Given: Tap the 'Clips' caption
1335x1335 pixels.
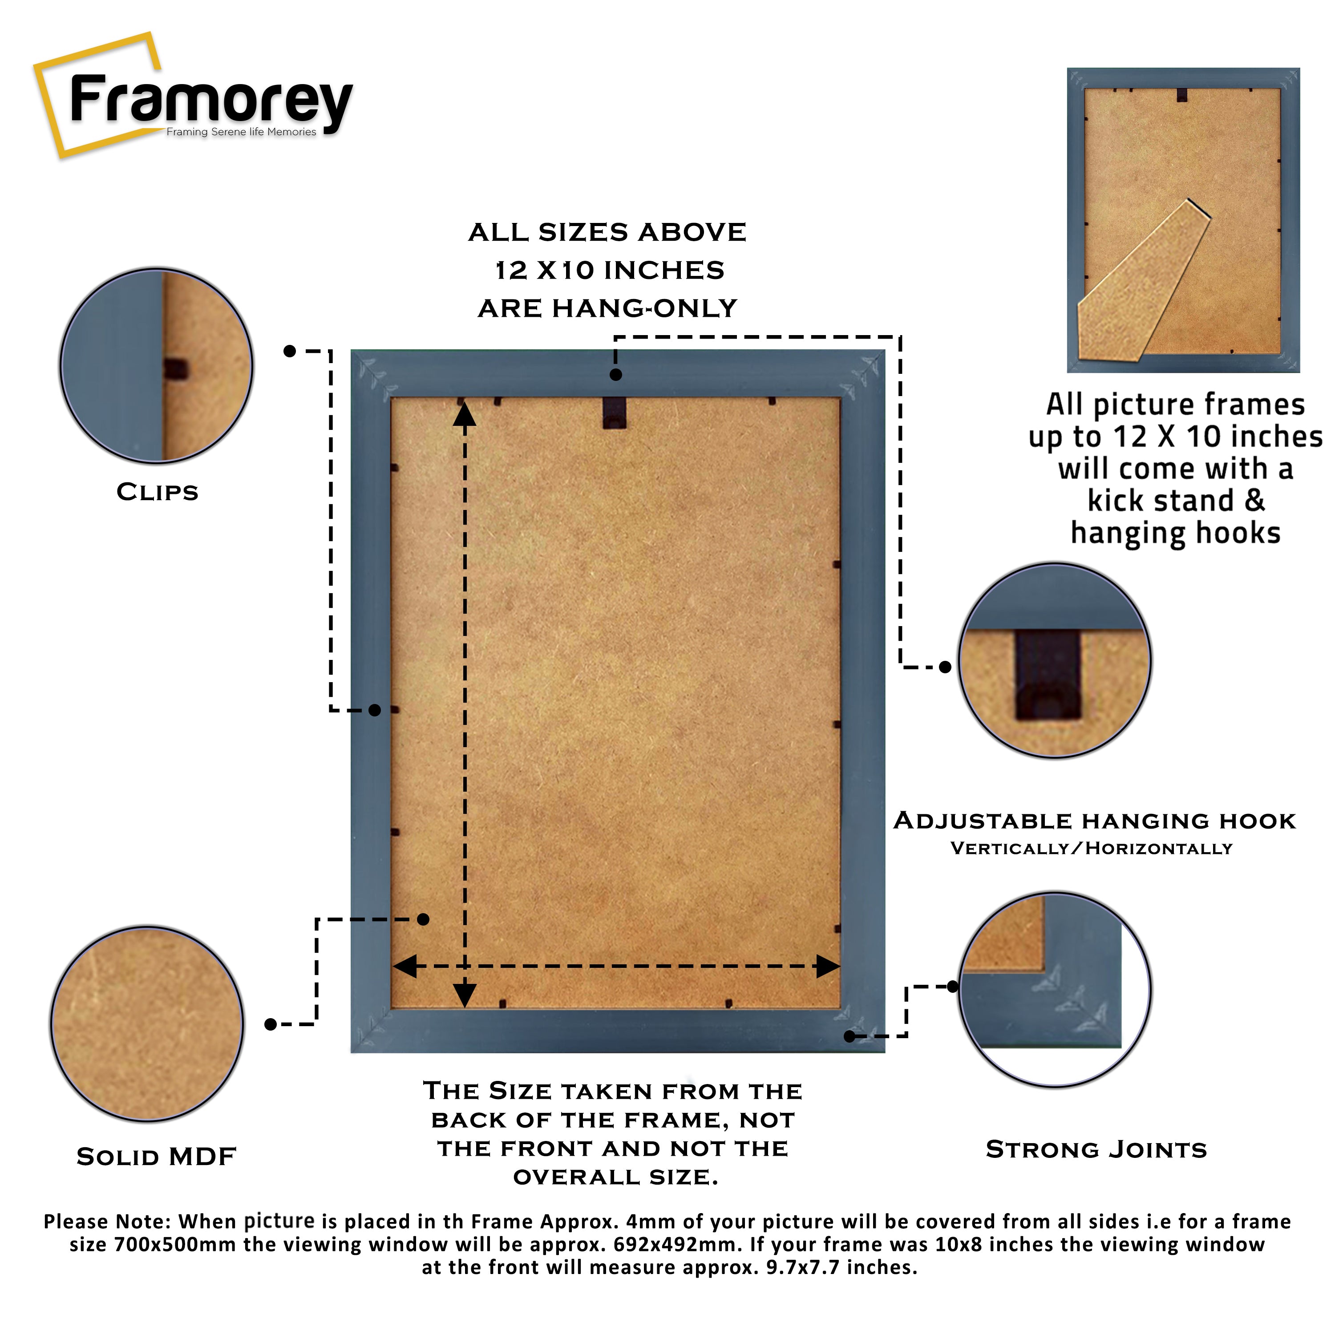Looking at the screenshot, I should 158,493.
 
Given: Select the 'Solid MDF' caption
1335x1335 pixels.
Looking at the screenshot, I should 156,1157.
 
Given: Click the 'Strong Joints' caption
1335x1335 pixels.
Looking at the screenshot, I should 1096,1150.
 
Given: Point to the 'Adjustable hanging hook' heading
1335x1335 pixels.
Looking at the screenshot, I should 1095,821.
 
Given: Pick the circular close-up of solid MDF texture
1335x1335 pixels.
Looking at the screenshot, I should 147,1023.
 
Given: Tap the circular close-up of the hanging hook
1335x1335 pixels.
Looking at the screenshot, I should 1055,660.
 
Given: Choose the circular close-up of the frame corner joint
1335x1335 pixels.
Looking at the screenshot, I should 1055,990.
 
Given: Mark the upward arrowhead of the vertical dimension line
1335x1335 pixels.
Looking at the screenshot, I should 465,415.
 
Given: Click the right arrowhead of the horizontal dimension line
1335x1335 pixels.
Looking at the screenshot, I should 827,966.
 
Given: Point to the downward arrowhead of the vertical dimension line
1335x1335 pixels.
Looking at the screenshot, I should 465,995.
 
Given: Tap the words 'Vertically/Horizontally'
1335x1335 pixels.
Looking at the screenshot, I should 1091,849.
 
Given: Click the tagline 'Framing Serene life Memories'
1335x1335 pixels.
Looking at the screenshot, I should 241,132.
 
